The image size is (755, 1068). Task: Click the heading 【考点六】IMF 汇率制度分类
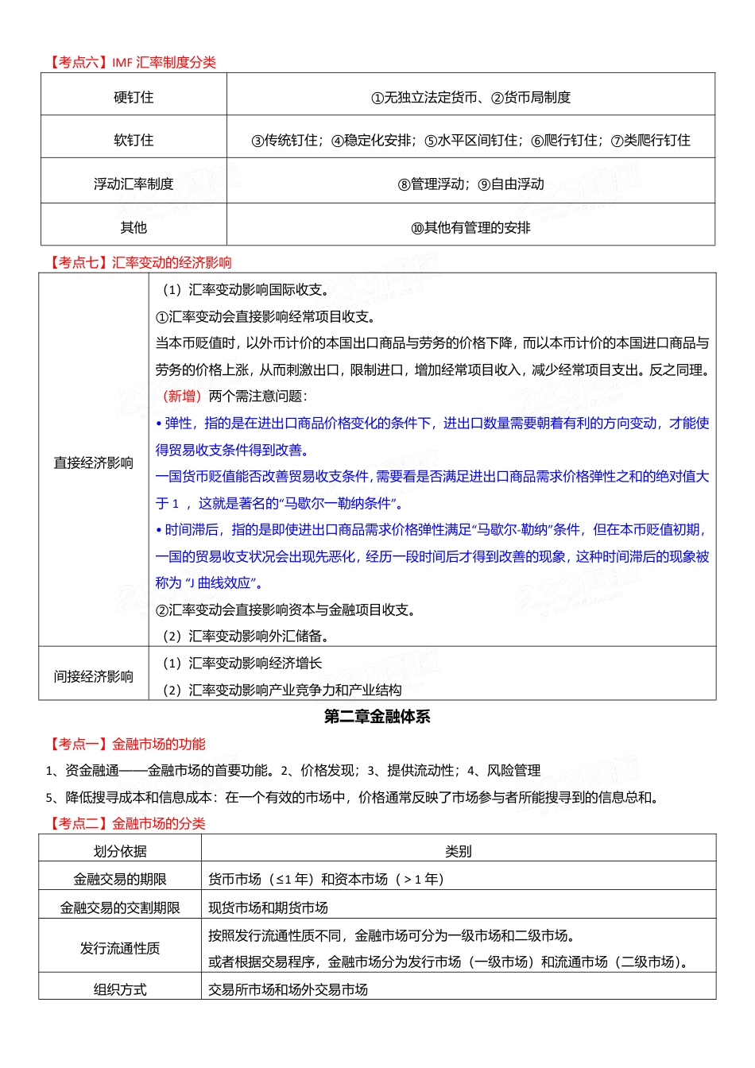pos(131,62)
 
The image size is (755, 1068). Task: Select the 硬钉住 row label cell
pos(134,97)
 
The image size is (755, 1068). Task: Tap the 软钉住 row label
pos(134,141)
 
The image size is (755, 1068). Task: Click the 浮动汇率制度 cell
pos(134,184)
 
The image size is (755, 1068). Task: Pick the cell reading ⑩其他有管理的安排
pos(470,228)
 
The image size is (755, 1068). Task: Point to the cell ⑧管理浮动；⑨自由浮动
pos(470,184)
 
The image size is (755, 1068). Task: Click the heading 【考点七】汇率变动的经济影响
pos(139,262)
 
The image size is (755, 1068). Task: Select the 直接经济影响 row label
pos(93,462)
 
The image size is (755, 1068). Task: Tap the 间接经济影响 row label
pos(93,676)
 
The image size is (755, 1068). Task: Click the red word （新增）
pos(181,396)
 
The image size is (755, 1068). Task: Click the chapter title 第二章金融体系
pos(377,717)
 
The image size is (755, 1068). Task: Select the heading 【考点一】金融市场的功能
pos(126,744)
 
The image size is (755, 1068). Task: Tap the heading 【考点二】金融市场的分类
pos(126,823)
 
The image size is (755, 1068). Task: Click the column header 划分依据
pos(120,851)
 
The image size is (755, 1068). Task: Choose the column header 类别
pos(459,851)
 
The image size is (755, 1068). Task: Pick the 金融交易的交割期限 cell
pos(120,907)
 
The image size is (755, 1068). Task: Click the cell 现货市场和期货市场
pos(268,907)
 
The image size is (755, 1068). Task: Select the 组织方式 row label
pos(120,989)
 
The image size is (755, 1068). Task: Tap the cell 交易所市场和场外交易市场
pos(288,989)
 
